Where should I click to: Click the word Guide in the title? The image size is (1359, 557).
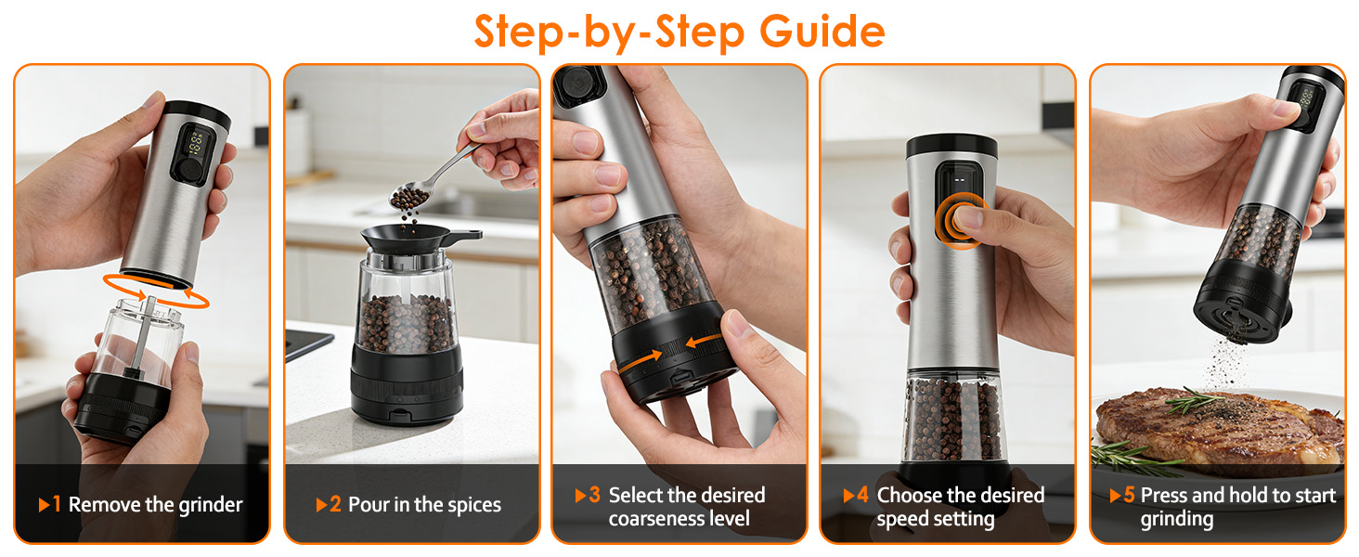(822, 32)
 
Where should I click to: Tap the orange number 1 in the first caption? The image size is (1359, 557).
(57, 504)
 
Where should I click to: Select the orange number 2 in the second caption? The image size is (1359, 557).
(335, 504)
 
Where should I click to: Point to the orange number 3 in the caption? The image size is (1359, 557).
(594, 495)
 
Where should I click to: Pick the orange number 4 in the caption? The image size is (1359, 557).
(862, 495)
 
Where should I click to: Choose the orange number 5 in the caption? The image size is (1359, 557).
(1129, 495)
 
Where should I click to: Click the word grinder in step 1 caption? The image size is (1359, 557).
(211, 505)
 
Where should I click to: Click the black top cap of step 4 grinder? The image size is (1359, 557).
(951, 147)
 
